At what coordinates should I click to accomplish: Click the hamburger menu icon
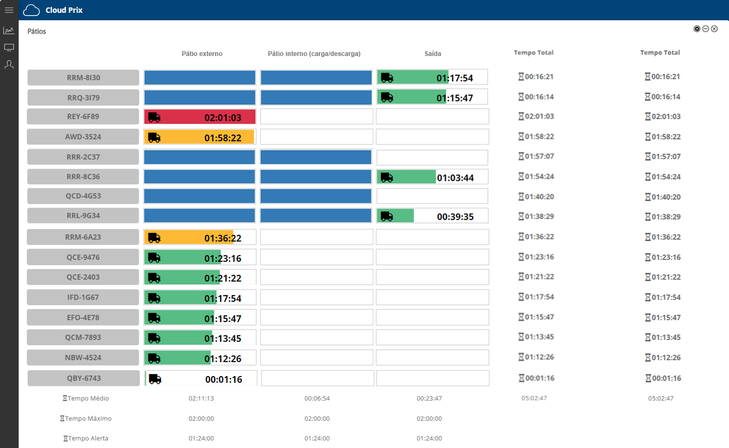(9, 10)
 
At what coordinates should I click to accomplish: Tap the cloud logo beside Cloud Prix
(32, 10)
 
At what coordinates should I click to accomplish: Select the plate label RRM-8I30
(83, 77)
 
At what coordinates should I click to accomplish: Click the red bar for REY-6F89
(200, 117)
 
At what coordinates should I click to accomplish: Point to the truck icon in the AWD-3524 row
(154, 137)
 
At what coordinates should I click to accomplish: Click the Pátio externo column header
(202, 54)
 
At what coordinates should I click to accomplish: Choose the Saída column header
(432, 54)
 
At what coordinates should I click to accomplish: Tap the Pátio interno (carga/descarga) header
(314, 54)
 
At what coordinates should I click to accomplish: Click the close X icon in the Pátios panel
(714, 29)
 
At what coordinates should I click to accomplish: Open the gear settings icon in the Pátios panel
(696, 29)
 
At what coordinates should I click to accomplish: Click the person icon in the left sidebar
(9, 65)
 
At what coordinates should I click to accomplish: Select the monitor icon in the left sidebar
(9, 47)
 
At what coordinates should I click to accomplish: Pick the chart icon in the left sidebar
(9, 30)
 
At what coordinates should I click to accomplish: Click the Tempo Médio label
(88, 398)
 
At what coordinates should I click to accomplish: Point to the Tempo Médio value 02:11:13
(201, 398)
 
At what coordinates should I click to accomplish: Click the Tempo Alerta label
(88, 438)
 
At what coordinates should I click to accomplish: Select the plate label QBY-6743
(83, 378)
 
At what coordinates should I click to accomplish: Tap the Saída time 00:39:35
(455, 217)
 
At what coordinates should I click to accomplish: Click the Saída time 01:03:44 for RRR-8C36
(455, 178)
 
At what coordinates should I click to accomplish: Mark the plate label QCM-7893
(83, 337)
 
